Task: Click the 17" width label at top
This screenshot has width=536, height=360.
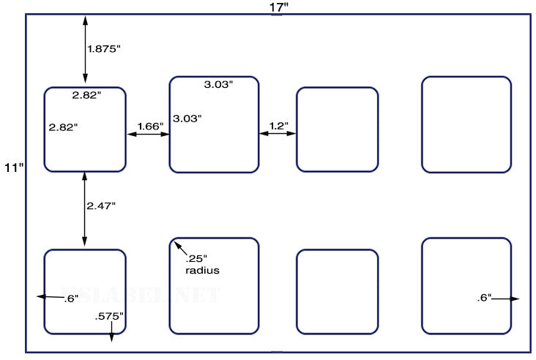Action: tap(278, 7)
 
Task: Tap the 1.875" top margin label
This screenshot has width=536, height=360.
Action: tap(103, 49)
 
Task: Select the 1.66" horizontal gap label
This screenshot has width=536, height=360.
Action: tap(150, 126)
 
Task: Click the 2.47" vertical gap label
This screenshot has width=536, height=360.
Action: tap(101, 206)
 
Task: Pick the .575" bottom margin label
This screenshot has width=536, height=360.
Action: tap(109, 316)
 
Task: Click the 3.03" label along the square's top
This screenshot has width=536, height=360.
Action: tap(218, 85)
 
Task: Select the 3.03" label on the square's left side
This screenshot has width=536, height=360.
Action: tap(187, 118)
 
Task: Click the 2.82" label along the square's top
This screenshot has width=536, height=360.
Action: tap(86, 95)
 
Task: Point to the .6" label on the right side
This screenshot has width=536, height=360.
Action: tap(484, 298)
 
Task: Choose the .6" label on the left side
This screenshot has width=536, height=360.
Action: tap(71, 298)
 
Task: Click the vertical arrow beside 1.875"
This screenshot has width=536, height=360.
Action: tap(85, 49)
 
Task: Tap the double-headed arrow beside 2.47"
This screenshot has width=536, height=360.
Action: tap(85, 209)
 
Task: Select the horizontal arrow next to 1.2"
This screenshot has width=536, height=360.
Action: tap(278, 134)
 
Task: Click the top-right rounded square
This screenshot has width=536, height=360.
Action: tap(466, 124)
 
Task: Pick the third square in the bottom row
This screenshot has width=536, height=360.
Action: tap(337, 291)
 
